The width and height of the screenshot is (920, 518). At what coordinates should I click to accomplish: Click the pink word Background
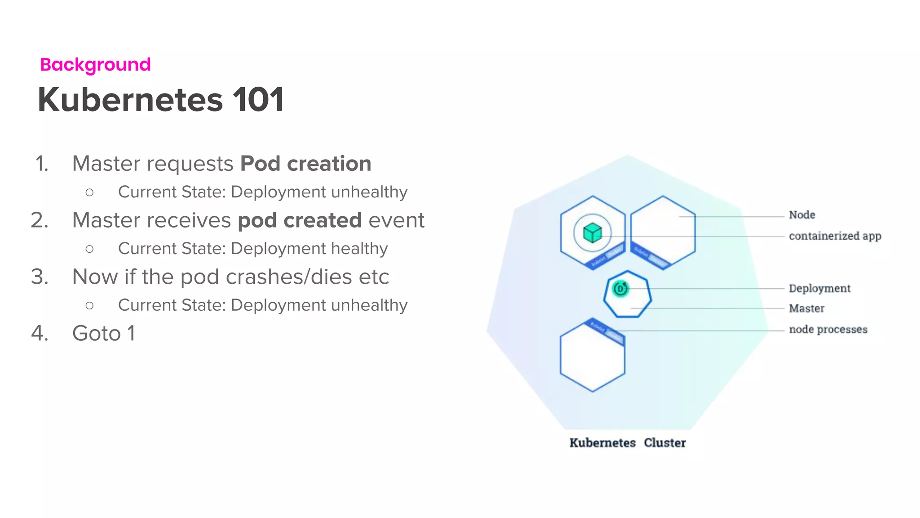point(95,65)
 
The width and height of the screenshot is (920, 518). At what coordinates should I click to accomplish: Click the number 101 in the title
point(258,99)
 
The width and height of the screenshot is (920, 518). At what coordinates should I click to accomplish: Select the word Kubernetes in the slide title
point(130,99)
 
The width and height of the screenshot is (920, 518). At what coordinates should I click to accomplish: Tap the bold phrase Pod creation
point(305,164)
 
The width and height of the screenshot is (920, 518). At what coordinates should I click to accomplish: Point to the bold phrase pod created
point(300,220)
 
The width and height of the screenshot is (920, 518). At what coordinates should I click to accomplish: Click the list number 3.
point(40,277)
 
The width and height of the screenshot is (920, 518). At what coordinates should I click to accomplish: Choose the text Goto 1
point(103,334)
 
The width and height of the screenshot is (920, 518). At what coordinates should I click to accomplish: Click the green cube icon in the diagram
point(592,233)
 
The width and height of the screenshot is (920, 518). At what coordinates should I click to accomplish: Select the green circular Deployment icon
point(620,289)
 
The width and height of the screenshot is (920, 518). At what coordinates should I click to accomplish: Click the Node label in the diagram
point(802,215)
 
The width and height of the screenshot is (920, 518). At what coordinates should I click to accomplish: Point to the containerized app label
point(835,236)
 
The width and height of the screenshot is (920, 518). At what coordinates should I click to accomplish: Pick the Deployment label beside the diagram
point(819,288)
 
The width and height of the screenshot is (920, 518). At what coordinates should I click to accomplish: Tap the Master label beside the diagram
point(806,308)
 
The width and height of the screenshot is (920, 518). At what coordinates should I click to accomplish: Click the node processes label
point(828,330)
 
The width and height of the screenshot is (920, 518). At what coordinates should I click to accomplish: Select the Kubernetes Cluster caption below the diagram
point(628,443)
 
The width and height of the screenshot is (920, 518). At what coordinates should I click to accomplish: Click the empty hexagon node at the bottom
point(592,360)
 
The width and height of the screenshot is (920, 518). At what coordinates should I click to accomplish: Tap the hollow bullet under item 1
point(89,192)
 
